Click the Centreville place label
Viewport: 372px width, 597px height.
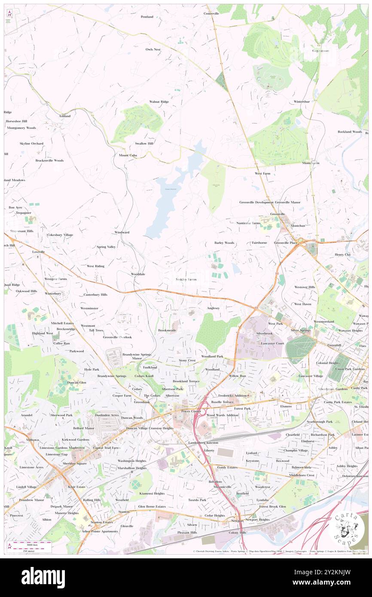[211, 14]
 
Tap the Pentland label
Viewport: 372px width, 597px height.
[147, 17]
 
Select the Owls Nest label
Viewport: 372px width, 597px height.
[152, 49]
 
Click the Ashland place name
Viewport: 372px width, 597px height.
[64, 116]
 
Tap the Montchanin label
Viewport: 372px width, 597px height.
[311, 163]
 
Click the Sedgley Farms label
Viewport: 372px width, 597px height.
[186, 279]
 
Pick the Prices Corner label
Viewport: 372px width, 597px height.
[191, 411]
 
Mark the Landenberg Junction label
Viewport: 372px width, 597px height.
[203, 442]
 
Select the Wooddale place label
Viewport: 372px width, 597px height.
[138, 274]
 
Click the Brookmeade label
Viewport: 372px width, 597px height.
[167, 330]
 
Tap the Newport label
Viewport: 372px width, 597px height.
[237, 520]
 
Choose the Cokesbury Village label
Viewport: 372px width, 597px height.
[60, 235]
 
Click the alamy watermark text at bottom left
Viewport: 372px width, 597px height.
[43, 578]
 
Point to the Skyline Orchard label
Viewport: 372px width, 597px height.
[31, 143]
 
